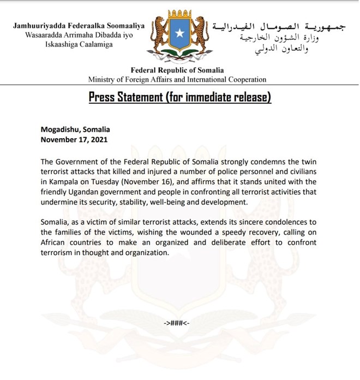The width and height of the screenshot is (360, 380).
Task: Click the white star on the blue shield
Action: (179, 34)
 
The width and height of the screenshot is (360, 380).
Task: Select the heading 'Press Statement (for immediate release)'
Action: (179, 98)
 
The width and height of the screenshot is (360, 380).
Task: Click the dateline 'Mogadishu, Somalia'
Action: (75, 129)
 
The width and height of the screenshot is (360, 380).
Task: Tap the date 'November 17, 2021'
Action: (74, 139)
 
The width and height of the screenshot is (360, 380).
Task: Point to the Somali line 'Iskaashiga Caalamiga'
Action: (79, 44)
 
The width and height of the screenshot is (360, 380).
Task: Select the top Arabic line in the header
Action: (281, 26)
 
